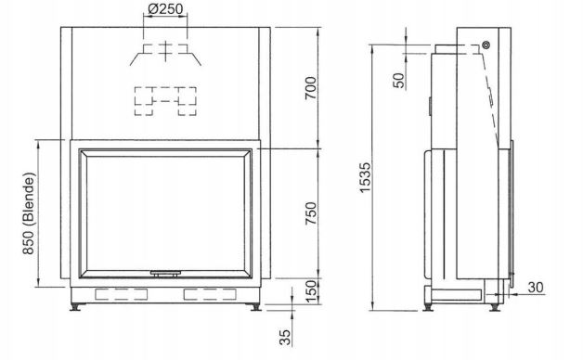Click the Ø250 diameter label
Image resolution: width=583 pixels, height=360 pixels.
(165, 9)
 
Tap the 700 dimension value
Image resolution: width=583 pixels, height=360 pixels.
(310, 88)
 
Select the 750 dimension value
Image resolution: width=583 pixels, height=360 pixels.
(310, 213)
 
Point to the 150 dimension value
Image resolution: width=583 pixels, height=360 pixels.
(312, 291)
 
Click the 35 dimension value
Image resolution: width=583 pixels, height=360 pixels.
(285, 338)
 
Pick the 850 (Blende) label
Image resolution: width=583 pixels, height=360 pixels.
(29, 213)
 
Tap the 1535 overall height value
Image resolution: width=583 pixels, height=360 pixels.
(366, 177)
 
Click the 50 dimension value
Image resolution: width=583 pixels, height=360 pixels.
(398, 80)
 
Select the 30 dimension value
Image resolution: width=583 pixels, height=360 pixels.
(536, 288)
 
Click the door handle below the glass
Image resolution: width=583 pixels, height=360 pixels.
(165, 274)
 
